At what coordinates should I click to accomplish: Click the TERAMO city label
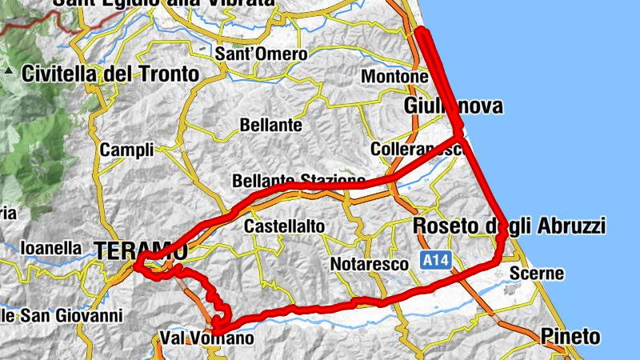point(140,251)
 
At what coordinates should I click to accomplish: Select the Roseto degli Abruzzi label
point(509,226)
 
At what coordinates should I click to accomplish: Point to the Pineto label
point(569,335)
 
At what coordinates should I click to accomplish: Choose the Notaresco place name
point(364,264)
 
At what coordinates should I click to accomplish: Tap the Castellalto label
point(285,227)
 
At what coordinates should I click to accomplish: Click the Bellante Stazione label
point(298,181)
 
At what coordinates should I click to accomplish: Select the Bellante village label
point(271,126)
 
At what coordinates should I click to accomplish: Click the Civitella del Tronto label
point(110,74)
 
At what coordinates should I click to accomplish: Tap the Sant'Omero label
point(261,54)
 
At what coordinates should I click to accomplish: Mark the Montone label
point(395,77)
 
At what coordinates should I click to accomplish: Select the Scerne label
point(538,274)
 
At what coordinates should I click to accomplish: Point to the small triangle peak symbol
point(9,71)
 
